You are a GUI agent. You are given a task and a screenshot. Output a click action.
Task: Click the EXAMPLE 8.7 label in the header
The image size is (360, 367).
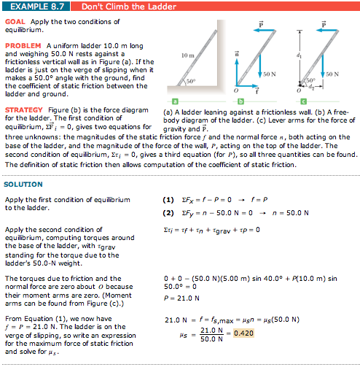[34, 6]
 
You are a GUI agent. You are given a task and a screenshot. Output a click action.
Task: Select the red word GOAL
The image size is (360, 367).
[15, 21]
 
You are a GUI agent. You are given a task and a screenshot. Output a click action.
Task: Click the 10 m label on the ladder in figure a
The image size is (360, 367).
[187, 55]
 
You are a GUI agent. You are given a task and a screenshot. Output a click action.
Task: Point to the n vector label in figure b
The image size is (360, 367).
[235, 54]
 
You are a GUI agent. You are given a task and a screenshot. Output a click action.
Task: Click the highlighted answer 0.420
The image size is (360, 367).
[243, 333]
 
